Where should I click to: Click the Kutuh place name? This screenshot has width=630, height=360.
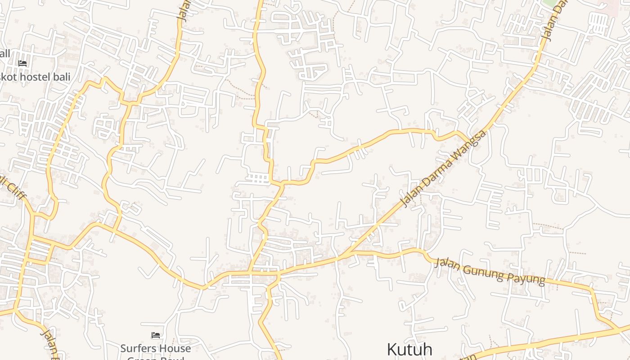click(409, 350)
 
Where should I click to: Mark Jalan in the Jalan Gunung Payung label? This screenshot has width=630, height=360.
click(447, 264)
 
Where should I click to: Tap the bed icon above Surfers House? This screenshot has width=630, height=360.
click(156, 335)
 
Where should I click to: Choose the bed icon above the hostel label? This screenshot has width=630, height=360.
click(22, 63)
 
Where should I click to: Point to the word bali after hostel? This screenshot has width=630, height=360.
click(61, 76)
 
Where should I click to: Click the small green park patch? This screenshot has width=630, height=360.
click(549, 3)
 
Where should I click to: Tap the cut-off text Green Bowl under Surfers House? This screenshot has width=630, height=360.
click(155, 358)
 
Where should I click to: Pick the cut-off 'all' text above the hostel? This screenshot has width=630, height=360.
click(4, 54)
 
